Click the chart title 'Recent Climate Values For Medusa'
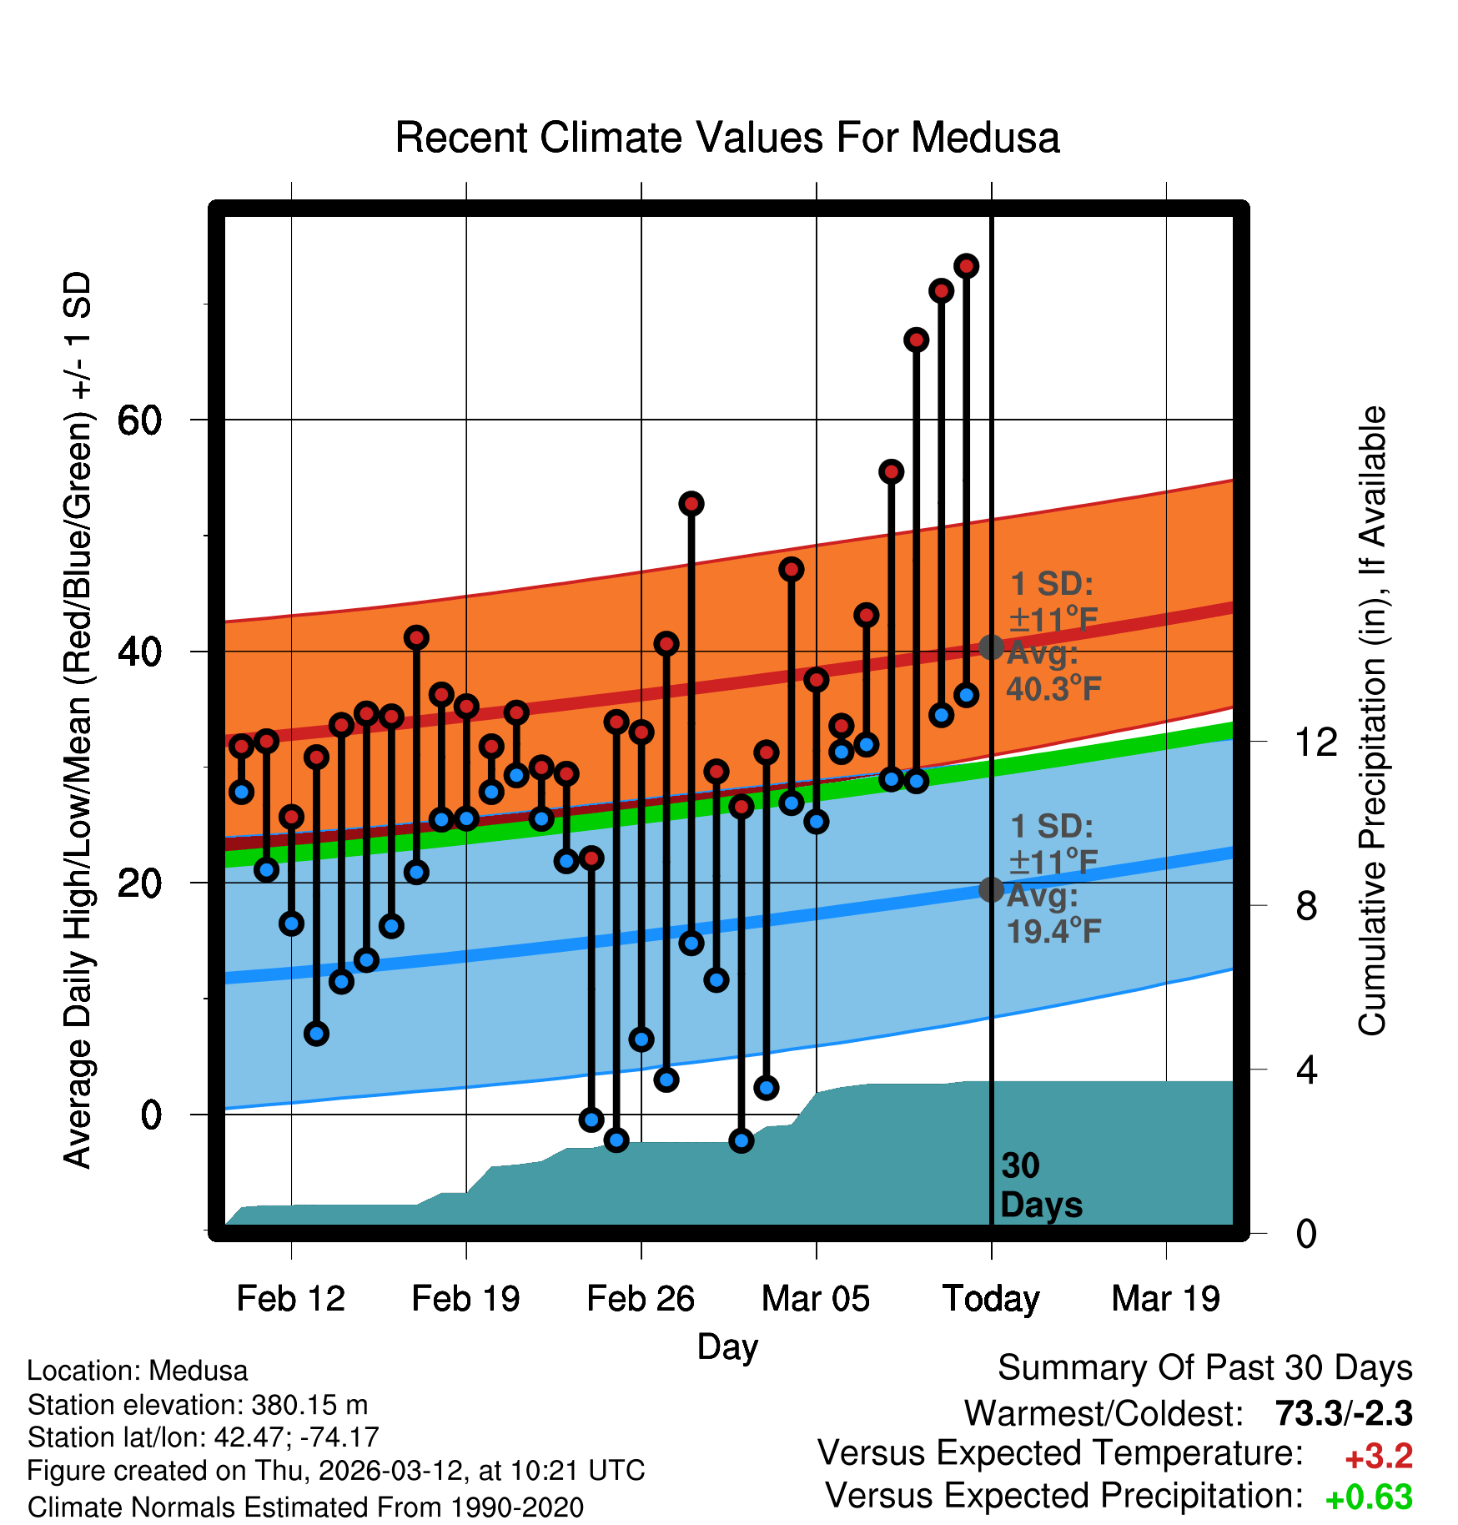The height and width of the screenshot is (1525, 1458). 727,138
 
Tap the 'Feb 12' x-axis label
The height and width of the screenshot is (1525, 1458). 290,1299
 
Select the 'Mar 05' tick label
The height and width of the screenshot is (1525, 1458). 816,1299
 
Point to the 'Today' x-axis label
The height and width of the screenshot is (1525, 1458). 991,1299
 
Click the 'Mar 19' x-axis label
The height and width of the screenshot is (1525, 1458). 1166,1299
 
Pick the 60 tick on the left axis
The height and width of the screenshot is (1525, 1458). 139,420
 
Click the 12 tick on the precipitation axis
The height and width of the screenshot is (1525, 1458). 1316,742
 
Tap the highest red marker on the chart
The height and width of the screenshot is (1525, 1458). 966,266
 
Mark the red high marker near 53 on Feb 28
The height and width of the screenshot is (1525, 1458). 691,504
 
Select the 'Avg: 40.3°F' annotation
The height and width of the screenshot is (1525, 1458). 1053,672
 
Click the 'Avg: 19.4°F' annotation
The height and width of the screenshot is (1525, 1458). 1053,913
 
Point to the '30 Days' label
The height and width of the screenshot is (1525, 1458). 1040,1185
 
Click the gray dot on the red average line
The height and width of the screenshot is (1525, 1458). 991,647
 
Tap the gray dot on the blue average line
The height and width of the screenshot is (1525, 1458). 991,890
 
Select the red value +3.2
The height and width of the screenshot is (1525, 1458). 1379,1457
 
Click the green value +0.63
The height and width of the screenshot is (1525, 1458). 1369,1498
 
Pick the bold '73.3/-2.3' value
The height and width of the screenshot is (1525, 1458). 1344,1413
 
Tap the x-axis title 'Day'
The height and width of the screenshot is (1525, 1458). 727,1346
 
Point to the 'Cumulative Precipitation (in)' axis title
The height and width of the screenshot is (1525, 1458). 1372,722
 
